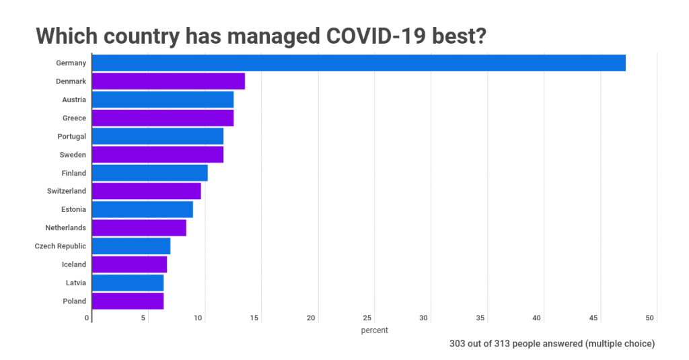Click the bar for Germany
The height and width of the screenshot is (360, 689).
(x=359, y=63)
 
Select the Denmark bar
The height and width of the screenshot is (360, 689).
(x=168, y=81)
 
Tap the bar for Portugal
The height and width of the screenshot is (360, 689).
(x=157, y=136)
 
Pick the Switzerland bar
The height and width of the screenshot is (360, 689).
(x=146, y=191)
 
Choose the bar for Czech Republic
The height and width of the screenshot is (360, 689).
(x=131, y=246)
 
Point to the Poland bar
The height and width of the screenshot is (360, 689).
(x=127, y=301)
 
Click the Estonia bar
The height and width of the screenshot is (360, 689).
(x=142, y=209)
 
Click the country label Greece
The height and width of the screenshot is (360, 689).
(x=74, y=118)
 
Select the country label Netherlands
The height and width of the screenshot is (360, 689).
(x=65, y=228)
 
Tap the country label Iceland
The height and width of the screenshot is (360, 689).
(x=74, y=264)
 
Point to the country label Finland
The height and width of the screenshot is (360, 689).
(x=74, y=173)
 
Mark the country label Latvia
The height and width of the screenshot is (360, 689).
(x=76, y=283)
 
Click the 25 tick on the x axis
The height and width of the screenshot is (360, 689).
(x=368, y=318)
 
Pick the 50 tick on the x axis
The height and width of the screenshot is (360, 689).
(x=650, y=318)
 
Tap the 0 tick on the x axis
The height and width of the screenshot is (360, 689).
(x=87, y=318)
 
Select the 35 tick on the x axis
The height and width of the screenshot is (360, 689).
(x=480, y=318)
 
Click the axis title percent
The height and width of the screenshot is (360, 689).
(x=374, y=330)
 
